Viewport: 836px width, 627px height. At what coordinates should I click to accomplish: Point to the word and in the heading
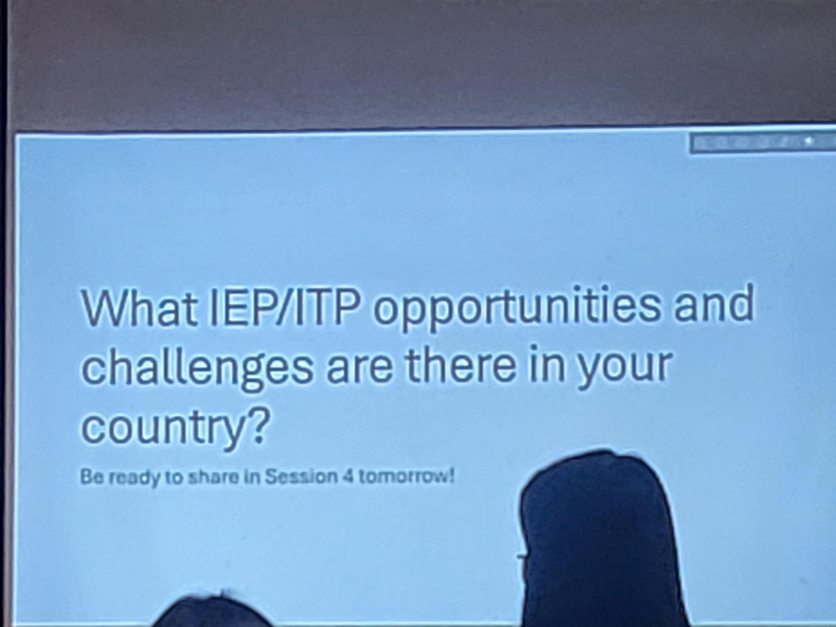point(714,303)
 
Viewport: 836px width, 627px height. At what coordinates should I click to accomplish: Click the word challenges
point(197,367)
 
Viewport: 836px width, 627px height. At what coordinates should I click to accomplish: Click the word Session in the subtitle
point(301,476)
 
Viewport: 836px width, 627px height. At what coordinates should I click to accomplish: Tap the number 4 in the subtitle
point(348,476)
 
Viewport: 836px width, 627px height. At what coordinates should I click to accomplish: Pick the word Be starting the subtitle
point(92,477)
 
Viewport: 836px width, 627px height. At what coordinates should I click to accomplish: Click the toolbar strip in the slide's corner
point(762,142)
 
